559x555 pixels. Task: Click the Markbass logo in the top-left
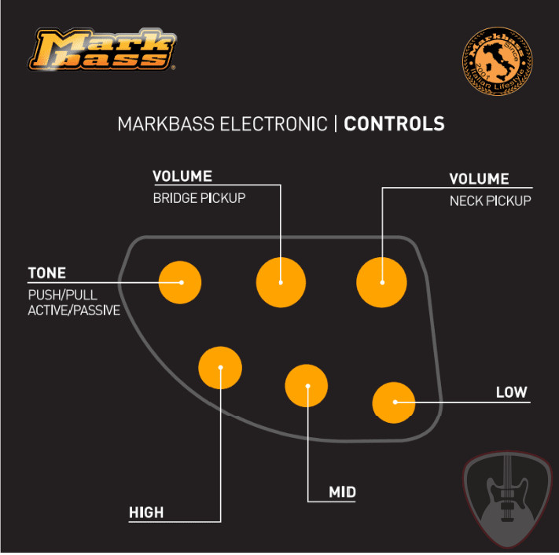[x=102, y=50]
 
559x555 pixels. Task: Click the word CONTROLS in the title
[x=394, y=124]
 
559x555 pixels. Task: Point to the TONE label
[x=47, y=274]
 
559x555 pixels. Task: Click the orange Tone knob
[x=180, y=281]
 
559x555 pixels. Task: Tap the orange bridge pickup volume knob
[x=281, y=281]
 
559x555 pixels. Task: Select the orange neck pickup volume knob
[x=382, y=281]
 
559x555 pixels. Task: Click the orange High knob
[x=220, y=366]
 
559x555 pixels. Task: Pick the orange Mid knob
[x=307, y=386]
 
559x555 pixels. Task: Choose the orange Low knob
[x=394, y=402]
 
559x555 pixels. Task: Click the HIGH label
[x=146, y=513]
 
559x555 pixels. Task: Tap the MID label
[x=342, y=493]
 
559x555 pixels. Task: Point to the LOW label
[x=511, y=392]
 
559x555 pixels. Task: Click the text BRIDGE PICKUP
[x=199, y=198]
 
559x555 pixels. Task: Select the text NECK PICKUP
[x=491, y=201]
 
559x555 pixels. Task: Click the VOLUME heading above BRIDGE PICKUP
[x=182, y=176]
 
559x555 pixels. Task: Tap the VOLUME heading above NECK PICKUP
[x=479, y=179]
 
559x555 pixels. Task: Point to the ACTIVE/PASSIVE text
[x=74, y=311]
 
